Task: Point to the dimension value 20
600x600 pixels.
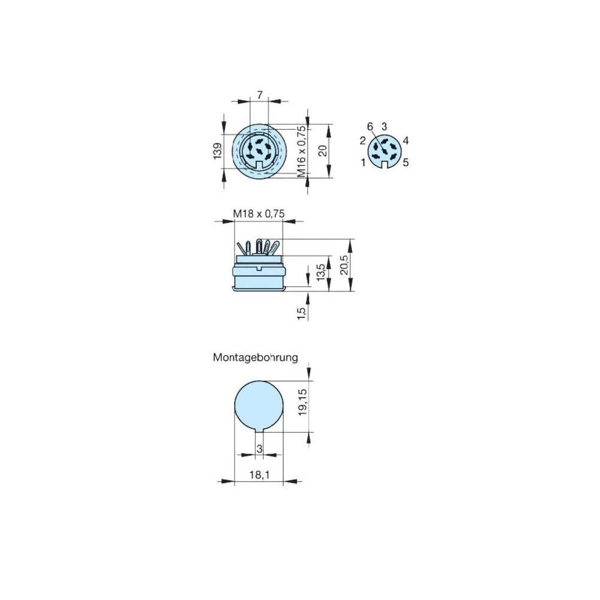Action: pos(323,151)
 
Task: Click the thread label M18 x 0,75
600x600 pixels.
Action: pos(258,213)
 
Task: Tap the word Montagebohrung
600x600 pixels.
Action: pos(256,358)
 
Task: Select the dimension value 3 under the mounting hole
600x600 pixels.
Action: pos(259,449)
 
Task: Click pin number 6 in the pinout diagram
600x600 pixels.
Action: pos(370,126)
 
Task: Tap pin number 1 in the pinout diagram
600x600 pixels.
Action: pos(364,162)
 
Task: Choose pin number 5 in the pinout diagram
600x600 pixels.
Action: pos(406,162)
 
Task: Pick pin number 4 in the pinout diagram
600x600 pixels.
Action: pos(406,141)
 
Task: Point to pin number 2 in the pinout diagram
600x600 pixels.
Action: pos(363,141)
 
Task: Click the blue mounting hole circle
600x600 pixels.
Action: pos(259,405)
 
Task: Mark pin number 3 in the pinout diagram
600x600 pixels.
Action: pos(384,126)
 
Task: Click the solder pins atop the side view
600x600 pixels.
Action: pos(259,247)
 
